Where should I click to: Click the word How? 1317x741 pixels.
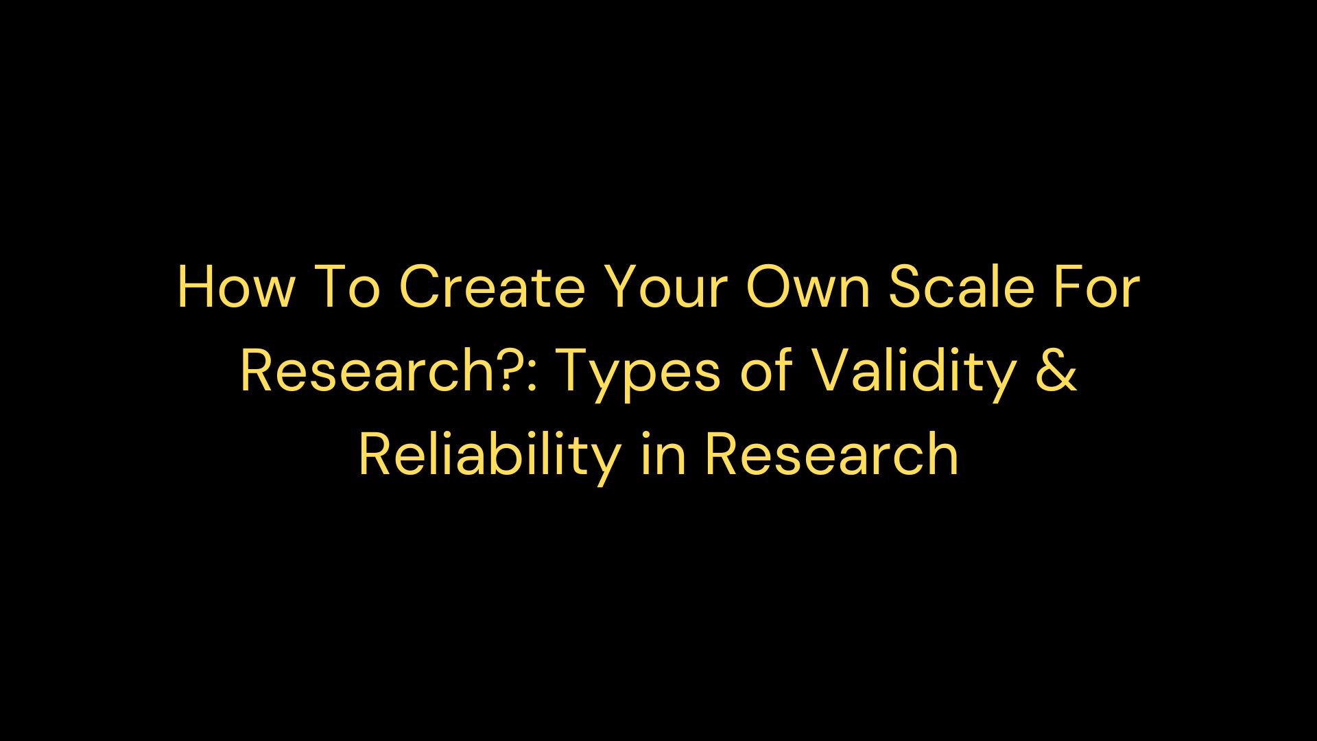[235, 287]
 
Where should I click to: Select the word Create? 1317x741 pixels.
[492, 287]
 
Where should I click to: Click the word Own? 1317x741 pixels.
[808, 287]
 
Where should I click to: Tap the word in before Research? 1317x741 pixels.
[663, 456]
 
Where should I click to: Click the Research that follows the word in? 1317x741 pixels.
[831, 456]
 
